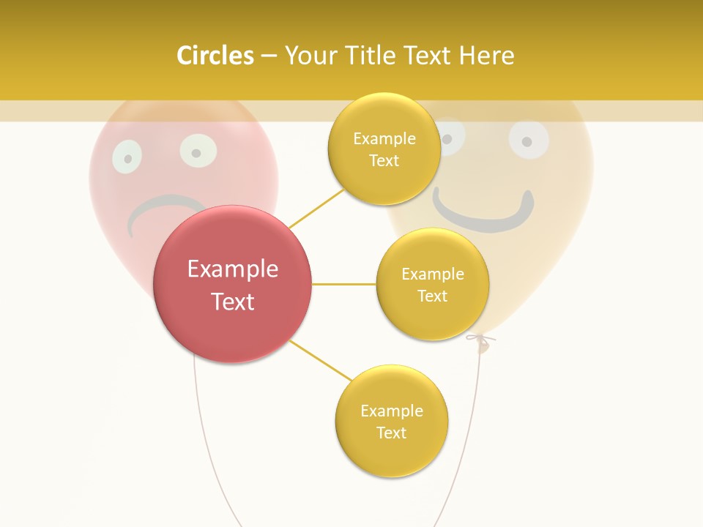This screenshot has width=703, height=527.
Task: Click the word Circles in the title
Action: pos(215,56)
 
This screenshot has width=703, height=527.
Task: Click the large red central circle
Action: pos(232,284)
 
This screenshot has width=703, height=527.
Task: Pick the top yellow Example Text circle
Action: pos(384,149)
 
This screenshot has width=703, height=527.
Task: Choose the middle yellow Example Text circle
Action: pos(432,284)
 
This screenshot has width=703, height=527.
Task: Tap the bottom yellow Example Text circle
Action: pos(391,421)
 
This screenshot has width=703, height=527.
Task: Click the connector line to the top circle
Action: pos(316,208)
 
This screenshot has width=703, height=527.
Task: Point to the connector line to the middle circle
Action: pos(343,284)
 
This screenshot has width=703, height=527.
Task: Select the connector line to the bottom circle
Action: pos(320,361)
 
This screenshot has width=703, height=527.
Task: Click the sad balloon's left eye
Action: pos(127,157)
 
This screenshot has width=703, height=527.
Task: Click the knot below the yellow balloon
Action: pos(480,341)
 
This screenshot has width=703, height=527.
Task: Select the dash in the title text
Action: pos(269,56)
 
